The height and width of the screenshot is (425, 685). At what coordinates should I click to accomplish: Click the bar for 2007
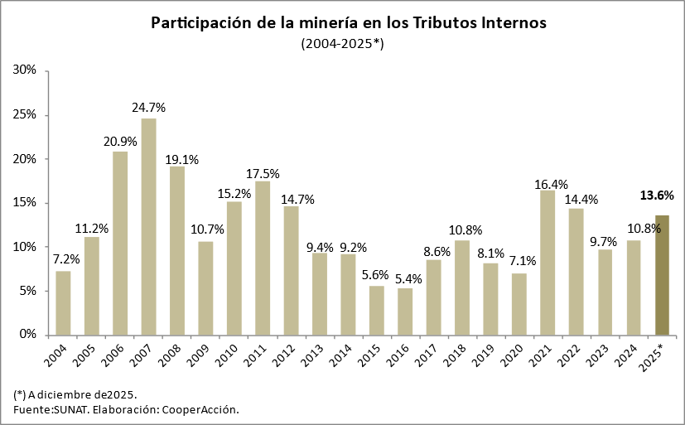point(148,227)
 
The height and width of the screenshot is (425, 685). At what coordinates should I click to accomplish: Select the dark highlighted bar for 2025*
point(662,275)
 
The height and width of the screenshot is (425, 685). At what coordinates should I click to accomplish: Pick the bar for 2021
point(548,263)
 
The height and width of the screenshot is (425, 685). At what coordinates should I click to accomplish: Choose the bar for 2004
point(63,303)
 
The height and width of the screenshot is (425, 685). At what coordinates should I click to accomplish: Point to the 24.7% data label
point(149,108)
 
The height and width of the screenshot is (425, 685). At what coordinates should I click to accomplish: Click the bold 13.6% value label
point(658,196)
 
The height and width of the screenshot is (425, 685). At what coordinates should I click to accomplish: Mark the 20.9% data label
point(120,141)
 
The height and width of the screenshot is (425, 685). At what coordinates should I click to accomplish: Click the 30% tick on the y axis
point(26,70)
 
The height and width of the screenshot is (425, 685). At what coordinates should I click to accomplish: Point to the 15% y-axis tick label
point(26,203)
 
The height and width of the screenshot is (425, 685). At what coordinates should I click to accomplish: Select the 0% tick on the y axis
point(29,335)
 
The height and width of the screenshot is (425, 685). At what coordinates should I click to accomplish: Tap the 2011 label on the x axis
point(257,355)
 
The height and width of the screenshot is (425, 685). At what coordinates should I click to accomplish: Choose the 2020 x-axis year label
point(513,355)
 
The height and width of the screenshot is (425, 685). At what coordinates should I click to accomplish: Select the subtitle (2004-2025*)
point(342,43)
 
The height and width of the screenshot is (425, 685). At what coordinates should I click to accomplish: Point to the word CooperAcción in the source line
point(200,409)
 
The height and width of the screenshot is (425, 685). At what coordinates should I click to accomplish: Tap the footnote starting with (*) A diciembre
point(75,394)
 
